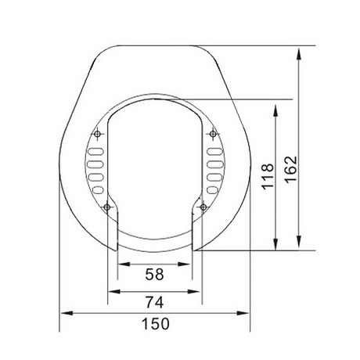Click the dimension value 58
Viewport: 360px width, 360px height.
(154, 274)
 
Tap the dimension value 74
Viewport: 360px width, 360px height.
(154, 302)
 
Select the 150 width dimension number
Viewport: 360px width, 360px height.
(156, 324)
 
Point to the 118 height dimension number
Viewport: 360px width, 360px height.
(268, 177)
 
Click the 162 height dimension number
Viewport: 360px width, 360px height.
(290, 170)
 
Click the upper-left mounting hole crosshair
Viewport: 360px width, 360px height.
(97, 134)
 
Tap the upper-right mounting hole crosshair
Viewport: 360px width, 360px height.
(213, 134)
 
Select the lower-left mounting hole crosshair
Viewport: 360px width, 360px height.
(106, 207)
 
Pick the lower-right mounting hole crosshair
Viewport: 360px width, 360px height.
(203, 207)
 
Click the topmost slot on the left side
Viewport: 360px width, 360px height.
(96, 151)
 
